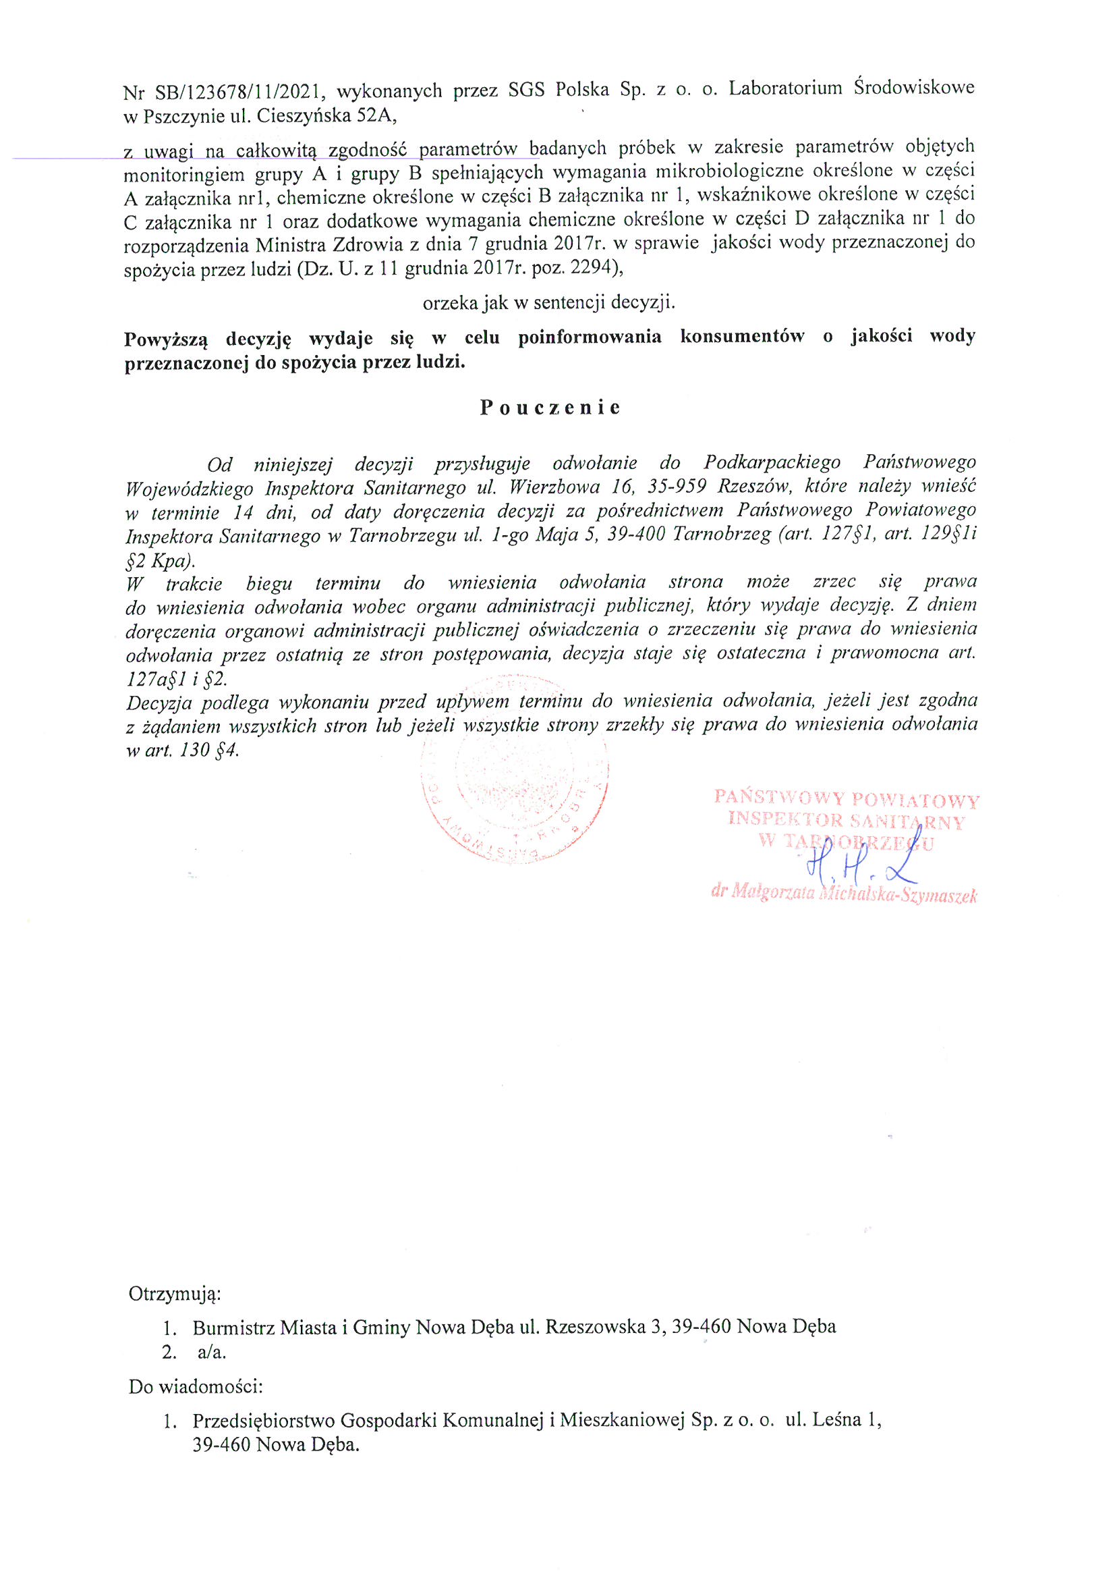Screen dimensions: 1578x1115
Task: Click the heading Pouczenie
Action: tap(550, 408)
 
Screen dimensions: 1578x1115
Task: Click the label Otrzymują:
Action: tap(175, 1294)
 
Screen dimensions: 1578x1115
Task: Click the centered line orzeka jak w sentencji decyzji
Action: tap(548, 302)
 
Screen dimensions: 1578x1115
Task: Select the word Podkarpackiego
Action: tap(772, 463)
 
